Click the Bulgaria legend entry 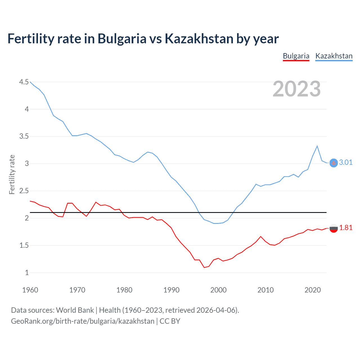click(x=296, y=56)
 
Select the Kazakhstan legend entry click(x=334, y=56)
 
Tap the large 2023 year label click(x=296, y=89)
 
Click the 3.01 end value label click(x=346, y=163)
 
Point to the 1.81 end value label click(x=346, y=228)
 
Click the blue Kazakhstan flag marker click(x=333, y=163)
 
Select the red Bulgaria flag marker click(x=333, y=228)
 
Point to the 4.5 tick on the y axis click(x=24, y=82)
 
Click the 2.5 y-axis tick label click(x=24, y=191)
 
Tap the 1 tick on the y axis click(x=27, y=273)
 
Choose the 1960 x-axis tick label click(x=30, y=290)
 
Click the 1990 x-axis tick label click(x=171, y=290)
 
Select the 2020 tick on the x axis click(x=312, y=290)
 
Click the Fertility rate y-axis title click(x=12, y=174)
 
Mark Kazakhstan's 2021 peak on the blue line click(x=317, y=146)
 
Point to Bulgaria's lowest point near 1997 click(x=204, y=267)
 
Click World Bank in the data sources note click(x=75, y=310)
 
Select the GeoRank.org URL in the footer click(x=83, y=321)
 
